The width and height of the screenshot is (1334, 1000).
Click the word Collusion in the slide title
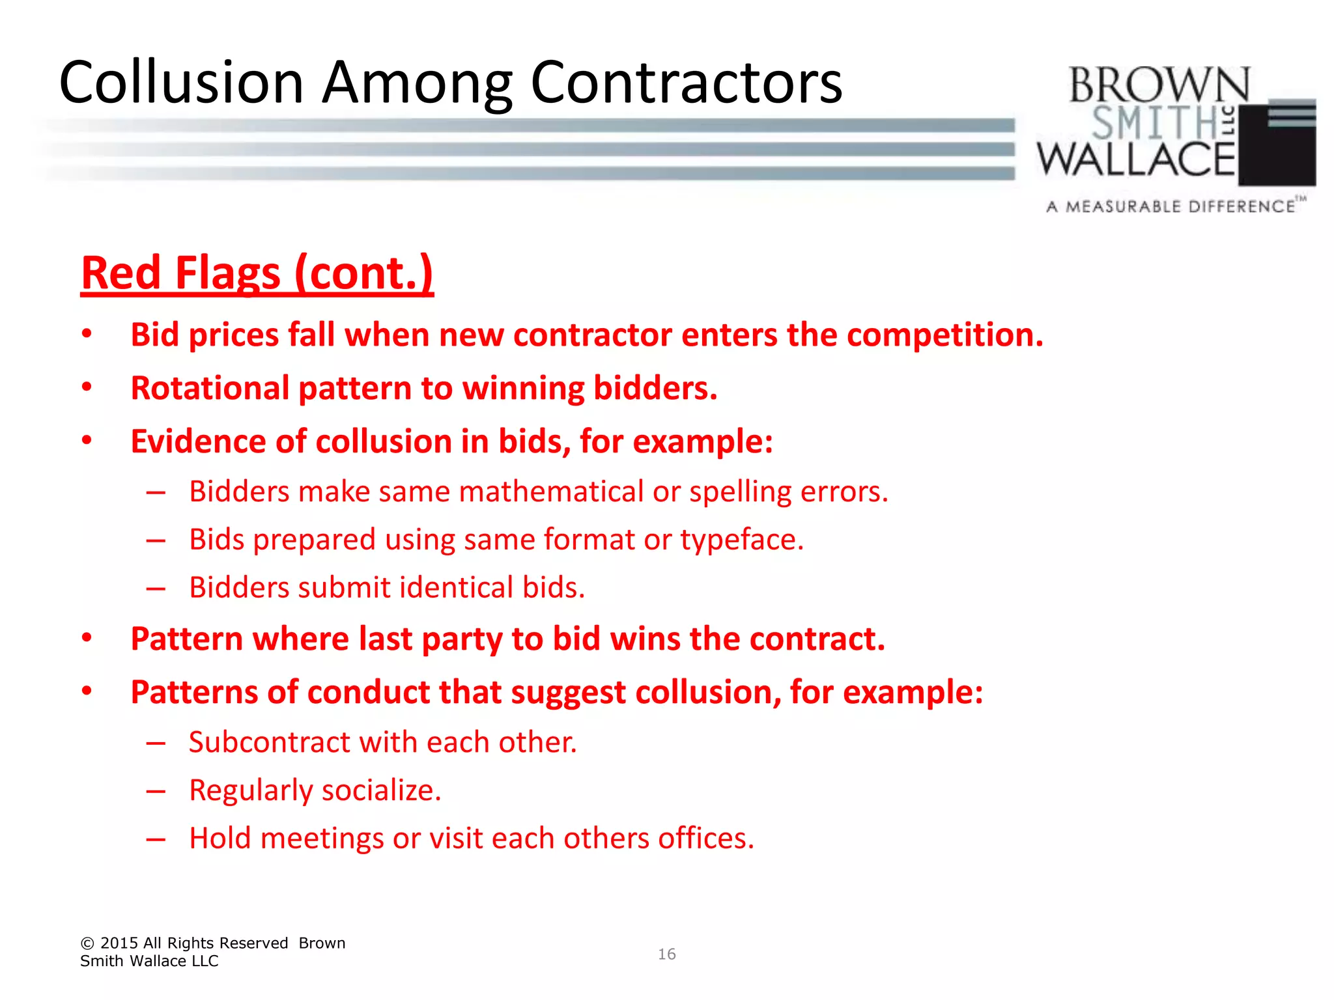(x=182, y=83)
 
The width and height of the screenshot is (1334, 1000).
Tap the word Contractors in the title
(x=687, y=83)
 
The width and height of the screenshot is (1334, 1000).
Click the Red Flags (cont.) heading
(x=257, y=273)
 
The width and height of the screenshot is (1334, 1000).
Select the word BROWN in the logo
(x=1159, y=85)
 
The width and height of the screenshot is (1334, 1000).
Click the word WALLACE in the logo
(x=1136, y=160)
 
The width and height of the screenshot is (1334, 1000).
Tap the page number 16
(x=666, y=954)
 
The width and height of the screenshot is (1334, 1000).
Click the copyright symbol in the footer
(x=88, y=943)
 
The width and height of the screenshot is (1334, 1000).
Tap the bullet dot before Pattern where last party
(x=87, y=638)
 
